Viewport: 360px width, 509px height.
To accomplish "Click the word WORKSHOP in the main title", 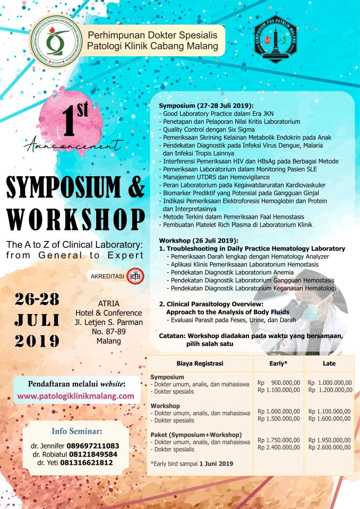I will tap(74, 217).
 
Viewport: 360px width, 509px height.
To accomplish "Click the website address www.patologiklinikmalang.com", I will tap(75, 395).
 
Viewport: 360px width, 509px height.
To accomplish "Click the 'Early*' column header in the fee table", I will tap(278, 364).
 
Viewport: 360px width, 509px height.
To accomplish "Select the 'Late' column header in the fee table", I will tap(329, 364).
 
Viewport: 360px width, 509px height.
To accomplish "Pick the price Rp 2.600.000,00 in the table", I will tap(329, 447).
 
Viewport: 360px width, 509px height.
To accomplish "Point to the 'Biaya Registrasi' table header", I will tap(200, 364).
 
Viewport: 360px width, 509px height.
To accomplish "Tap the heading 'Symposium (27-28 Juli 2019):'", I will tap(202, 106).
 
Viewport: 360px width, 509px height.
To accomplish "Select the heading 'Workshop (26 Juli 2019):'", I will tap(196, 240).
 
